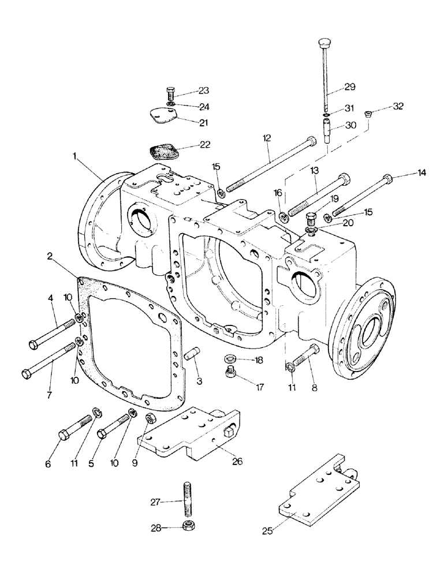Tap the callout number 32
point(398,106)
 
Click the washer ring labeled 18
point(230,360)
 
